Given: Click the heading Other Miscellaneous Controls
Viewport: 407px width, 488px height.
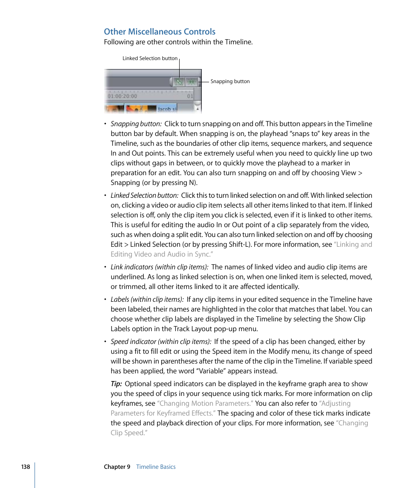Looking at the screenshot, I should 160,32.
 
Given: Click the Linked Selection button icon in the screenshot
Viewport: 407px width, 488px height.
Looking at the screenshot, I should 179,82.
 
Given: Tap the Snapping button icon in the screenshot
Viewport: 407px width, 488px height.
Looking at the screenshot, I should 192,82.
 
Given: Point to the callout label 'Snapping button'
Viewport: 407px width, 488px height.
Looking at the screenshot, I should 230,81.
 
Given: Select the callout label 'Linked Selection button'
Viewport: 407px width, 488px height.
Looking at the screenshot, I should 150,58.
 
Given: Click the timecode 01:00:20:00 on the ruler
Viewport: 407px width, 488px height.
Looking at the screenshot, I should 122,96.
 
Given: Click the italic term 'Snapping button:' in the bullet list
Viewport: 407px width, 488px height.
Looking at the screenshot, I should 136,124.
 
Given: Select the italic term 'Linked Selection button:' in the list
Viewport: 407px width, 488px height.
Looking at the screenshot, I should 144,196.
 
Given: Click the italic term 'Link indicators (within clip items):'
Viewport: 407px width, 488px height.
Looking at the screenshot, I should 160,267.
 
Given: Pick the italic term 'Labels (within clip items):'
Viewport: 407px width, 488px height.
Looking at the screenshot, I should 147,300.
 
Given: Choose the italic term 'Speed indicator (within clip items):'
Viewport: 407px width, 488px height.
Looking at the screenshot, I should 161,342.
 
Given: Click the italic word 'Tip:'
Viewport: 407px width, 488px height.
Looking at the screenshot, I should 116,384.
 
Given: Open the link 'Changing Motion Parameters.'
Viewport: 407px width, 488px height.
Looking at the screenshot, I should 205,404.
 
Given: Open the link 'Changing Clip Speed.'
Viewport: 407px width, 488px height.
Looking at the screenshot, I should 239,428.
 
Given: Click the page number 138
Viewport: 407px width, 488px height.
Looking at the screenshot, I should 26,467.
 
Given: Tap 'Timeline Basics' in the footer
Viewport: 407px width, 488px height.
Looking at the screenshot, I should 156,467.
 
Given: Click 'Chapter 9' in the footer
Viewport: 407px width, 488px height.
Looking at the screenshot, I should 117,467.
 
